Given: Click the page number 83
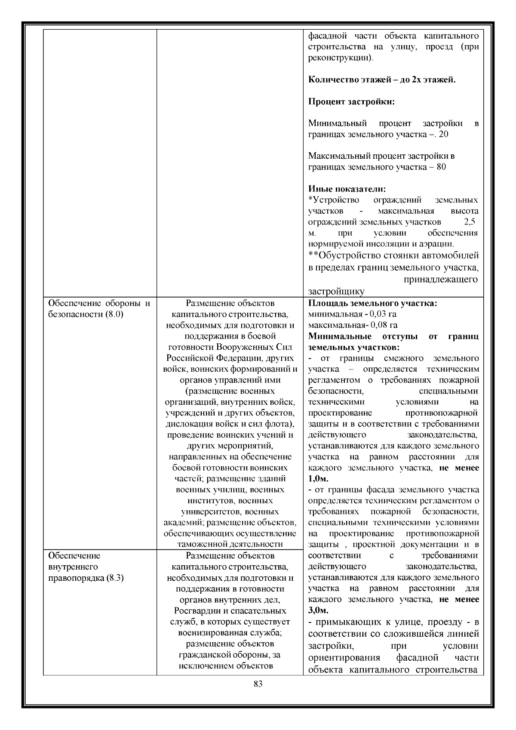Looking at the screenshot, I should [258, 684].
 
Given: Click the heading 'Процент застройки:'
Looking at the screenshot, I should [351, 102].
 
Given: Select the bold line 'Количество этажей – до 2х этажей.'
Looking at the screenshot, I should [381, 80].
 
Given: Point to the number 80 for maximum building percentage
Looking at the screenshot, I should [441, 167].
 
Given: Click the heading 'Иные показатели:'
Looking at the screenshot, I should [347, 189].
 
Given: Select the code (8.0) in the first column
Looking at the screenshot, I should [114, 314].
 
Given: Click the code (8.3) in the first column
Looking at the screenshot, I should [114, 578].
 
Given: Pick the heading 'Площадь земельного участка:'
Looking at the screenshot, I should [372, 303].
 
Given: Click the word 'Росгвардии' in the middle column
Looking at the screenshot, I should [196, 611].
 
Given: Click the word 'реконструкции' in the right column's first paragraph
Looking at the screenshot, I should [339, 58].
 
